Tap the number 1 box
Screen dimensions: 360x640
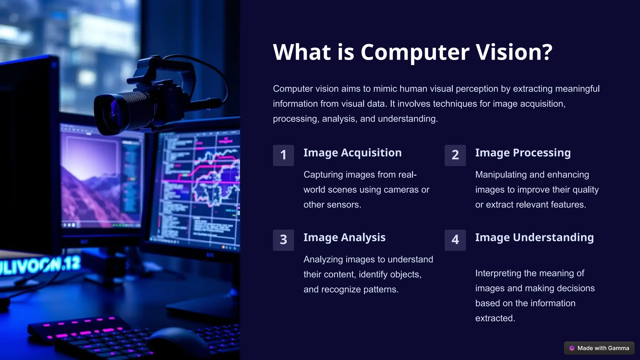click(x=283, y=155)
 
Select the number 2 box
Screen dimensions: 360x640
click(x=455, y=155)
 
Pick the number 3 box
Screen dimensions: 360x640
click(x=283, y=240)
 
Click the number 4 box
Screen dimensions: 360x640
click(x=455, y=240)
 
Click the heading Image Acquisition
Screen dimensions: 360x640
click(x=352, y=153)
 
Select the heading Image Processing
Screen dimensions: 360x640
click(x=523, y=153)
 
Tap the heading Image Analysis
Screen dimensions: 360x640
click(x=344, y=237)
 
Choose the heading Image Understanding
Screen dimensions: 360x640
click(x=534, y=237)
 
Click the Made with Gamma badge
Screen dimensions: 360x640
click(x=599, y=348)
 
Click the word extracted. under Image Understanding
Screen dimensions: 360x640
click(x=495, y=318)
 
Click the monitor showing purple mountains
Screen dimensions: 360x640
click(x=100, y=181)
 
